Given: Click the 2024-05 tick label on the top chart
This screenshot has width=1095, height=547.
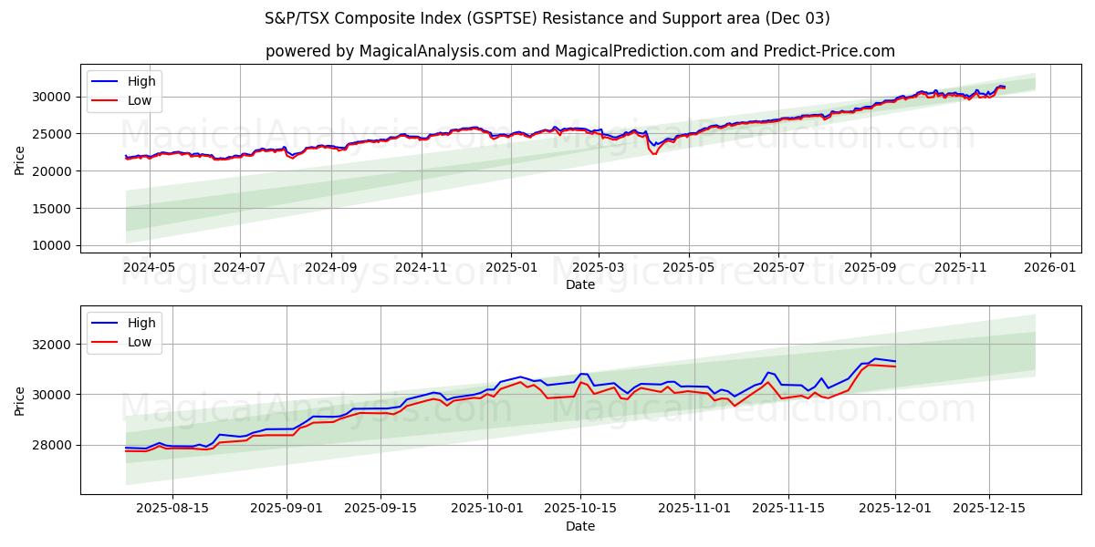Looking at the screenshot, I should coord(149,268).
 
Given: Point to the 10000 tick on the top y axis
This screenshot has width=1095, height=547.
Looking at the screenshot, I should coord(50,246).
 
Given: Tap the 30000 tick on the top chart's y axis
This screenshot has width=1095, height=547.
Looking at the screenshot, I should coord(50,97).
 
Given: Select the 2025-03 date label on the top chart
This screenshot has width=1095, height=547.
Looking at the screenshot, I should coord(599,268).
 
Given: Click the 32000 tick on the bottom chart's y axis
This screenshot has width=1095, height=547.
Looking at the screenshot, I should coord(50,345).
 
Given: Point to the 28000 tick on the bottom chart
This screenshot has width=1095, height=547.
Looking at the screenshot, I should coord(50,445).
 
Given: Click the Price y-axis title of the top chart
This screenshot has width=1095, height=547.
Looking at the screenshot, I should coord(20,160).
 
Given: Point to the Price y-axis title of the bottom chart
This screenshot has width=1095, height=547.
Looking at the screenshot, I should coord(20,400).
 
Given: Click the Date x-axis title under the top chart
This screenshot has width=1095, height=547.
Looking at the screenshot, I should coord(580,284).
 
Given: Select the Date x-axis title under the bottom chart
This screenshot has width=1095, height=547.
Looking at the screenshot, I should coord(580,526).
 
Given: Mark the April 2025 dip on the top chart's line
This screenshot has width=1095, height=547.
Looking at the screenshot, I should coord(653,152).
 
